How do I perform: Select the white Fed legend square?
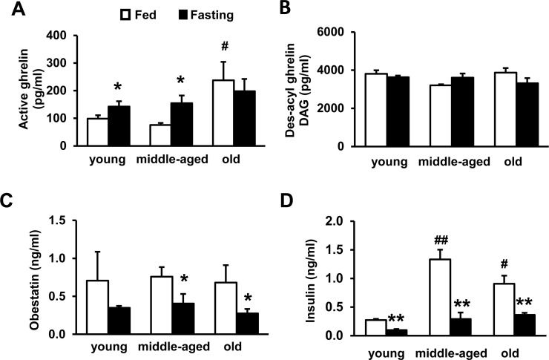tap(124, 14)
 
